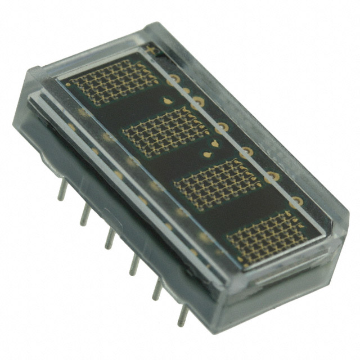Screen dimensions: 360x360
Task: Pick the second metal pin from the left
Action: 84,214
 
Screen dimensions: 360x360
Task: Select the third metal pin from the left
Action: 109,238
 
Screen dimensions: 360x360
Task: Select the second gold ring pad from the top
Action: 197,103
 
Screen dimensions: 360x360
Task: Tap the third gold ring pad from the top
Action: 222,128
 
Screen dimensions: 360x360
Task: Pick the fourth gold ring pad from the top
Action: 246,152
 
